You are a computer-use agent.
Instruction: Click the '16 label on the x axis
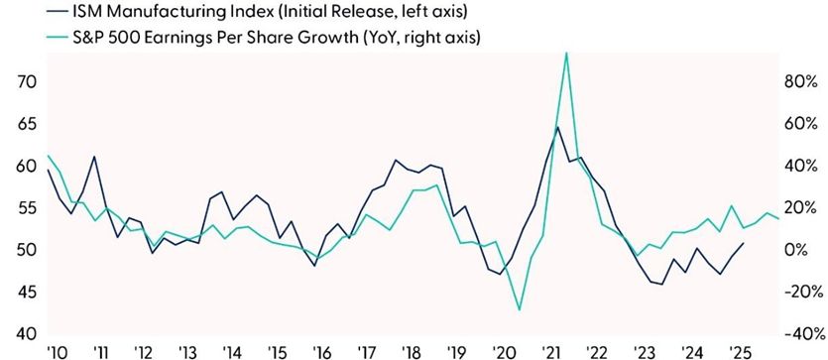point(321,352)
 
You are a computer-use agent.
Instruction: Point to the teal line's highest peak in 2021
point(566,53)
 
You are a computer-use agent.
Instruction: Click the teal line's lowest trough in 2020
point(520,310)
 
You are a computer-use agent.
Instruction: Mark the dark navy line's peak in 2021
point(557,127)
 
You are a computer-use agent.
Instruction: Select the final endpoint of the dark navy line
point(744,243)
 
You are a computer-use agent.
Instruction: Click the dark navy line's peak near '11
point(94,157)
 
